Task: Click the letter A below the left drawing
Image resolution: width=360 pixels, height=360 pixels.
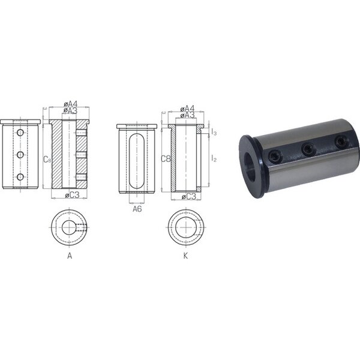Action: point(70,256)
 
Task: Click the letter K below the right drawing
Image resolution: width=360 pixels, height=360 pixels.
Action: point(186,256)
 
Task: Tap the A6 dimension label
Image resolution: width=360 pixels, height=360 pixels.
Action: point(137,209)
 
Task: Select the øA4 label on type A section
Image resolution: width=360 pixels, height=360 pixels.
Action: point(70,104)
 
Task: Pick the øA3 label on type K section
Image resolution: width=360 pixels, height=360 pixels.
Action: point(187,115)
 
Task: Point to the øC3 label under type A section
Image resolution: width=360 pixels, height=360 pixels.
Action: point(72,195)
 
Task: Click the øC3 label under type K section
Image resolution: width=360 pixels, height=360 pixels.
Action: point(189,197)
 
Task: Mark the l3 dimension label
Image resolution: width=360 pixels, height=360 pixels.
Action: point(214,132)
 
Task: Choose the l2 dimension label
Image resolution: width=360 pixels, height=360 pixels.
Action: point(214,158)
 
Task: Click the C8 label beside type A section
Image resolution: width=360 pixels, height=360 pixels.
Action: point(47,159)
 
